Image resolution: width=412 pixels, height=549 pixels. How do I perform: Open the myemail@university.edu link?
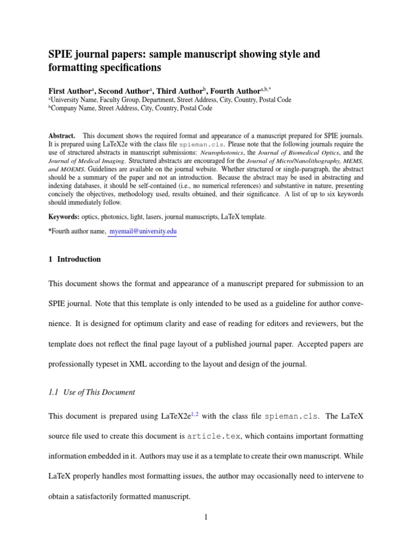point(142,231)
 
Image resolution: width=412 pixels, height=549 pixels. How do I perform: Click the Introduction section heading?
point(79,259)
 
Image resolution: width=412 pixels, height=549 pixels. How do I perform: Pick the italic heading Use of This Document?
point(99,392)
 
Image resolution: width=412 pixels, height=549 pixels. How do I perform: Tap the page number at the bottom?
point(205,517)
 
